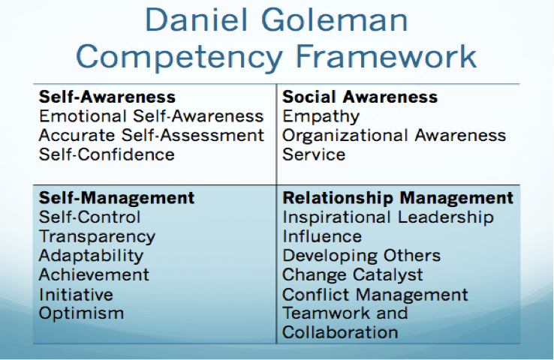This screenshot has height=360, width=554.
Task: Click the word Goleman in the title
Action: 335,20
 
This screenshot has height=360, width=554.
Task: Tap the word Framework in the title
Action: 386,57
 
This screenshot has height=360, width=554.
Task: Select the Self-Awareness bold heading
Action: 107,97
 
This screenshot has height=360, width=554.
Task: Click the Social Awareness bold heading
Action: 360,97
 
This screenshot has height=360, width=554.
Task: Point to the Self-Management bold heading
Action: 116,198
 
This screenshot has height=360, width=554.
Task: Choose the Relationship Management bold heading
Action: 398,198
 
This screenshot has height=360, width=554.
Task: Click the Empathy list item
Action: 321,117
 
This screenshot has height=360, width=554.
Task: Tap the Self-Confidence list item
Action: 107,154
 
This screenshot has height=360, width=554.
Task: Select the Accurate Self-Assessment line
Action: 152,135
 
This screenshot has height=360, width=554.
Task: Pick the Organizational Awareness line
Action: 394,136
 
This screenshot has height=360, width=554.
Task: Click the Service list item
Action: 314,154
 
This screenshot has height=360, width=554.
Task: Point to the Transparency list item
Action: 97,237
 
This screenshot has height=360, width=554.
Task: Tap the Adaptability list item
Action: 91,256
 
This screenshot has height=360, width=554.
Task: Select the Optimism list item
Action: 81,313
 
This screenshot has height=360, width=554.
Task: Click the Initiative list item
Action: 76,294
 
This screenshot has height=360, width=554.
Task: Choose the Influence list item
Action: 322,236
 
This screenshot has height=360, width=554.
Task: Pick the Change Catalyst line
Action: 353,275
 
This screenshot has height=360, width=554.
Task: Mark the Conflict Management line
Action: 375,295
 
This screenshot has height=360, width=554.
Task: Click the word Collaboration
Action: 340,332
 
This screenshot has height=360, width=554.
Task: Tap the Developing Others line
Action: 361,256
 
